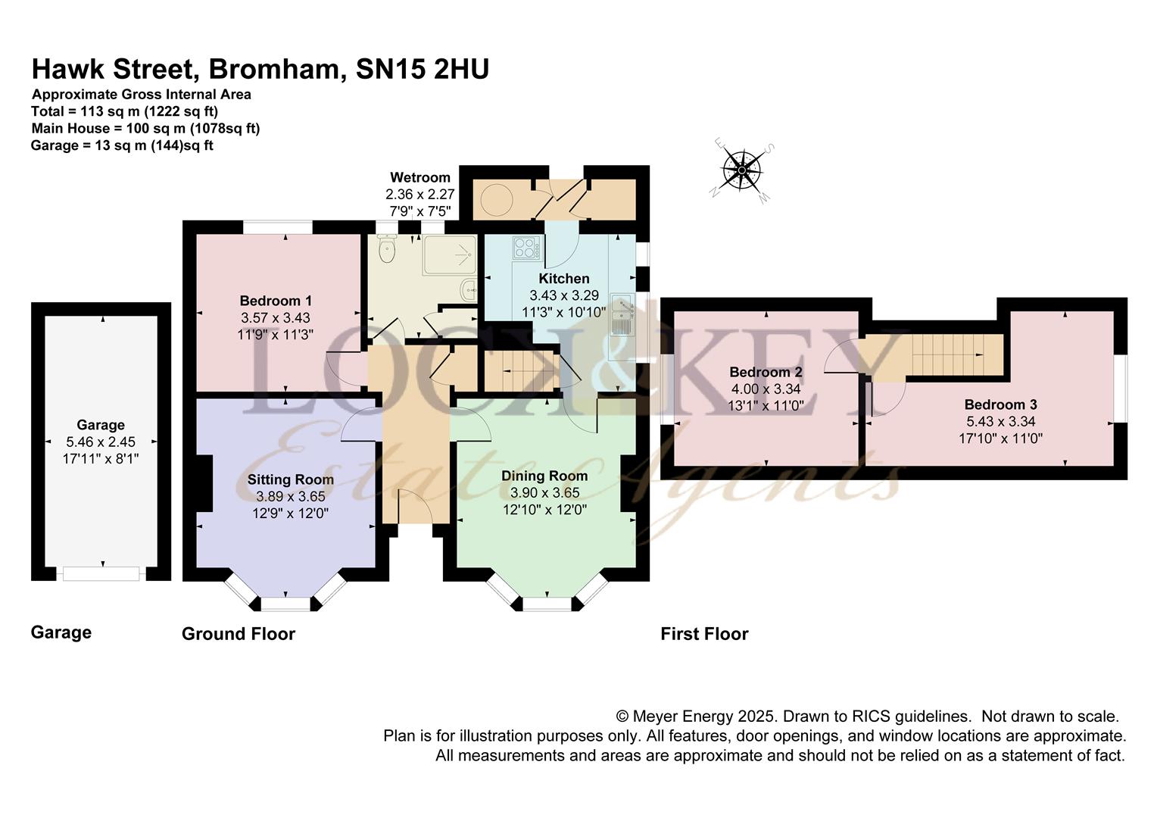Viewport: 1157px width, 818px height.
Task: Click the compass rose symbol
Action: [x=742, y=170]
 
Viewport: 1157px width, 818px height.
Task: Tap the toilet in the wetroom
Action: [x=386, y=248]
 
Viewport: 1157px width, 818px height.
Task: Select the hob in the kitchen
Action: [x=526, y=248]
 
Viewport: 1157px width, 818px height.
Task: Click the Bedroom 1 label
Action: [x=276, y=300]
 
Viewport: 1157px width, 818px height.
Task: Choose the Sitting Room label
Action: [x=290, y=479]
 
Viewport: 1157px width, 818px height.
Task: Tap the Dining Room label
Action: [x=544, y=476]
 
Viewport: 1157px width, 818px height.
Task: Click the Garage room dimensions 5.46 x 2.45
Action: [x=101, y=442]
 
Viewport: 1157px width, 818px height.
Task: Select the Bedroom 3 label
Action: [x=1000, y=404]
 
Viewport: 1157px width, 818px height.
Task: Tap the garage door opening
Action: [x=101, y=573]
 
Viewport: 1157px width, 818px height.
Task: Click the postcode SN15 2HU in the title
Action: [x=422, y=69]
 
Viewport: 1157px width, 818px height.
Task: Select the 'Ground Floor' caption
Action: [x=239, y=634]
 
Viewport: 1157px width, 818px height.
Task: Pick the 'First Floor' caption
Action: [x=704, y=634]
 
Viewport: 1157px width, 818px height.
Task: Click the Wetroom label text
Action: [x=420, y=177]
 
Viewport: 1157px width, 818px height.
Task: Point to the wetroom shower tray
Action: [x=450, y=254]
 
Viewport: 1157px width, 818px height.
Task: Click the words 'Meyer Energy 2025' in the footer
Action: [x=703, y=717]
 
